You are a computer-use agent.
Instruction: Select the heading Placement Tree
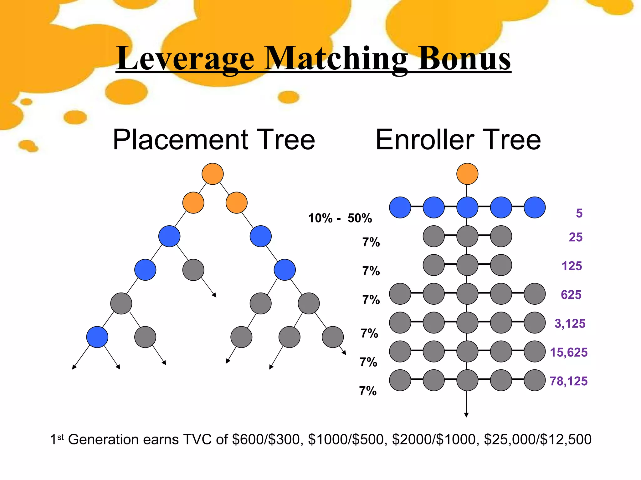click(214, 140)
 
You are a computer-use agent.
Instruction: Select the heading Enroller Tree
click(458, 140)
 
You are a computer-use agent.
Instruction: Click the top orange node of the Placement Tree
click(213, 174)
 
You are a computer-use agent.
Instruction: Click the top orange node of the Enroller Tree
click(467, 174)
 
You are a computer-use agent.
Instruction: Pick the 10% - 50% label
click(340, 218)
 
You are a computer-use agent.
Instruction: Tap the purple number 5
click(579, 213)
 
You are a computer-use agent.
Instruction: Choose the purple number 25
click(575, 237)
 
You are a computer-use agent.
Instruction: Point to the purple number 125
click(572, 266)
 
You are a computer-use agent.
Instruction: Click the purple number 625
click(571, 295)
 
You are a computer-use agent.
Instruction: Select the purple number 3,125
click(570, 323)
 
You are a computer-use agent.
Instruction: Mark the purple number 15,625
click(568, 352)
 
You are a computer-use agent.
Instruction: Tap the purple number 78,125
click(568, 381)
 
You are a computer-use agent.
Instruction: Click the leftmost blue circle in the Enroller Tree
click(400, 207)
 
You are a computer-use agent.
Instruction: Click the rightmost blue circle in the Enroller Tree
click(535, 207)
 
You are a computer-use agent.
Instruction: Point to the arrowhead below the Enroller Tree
click(466, 415)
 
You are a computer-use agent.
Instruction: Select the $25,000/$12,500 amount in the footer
click(537, 439)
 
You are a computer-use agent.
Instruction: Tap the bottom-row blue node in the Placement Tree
click(97, 337)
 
